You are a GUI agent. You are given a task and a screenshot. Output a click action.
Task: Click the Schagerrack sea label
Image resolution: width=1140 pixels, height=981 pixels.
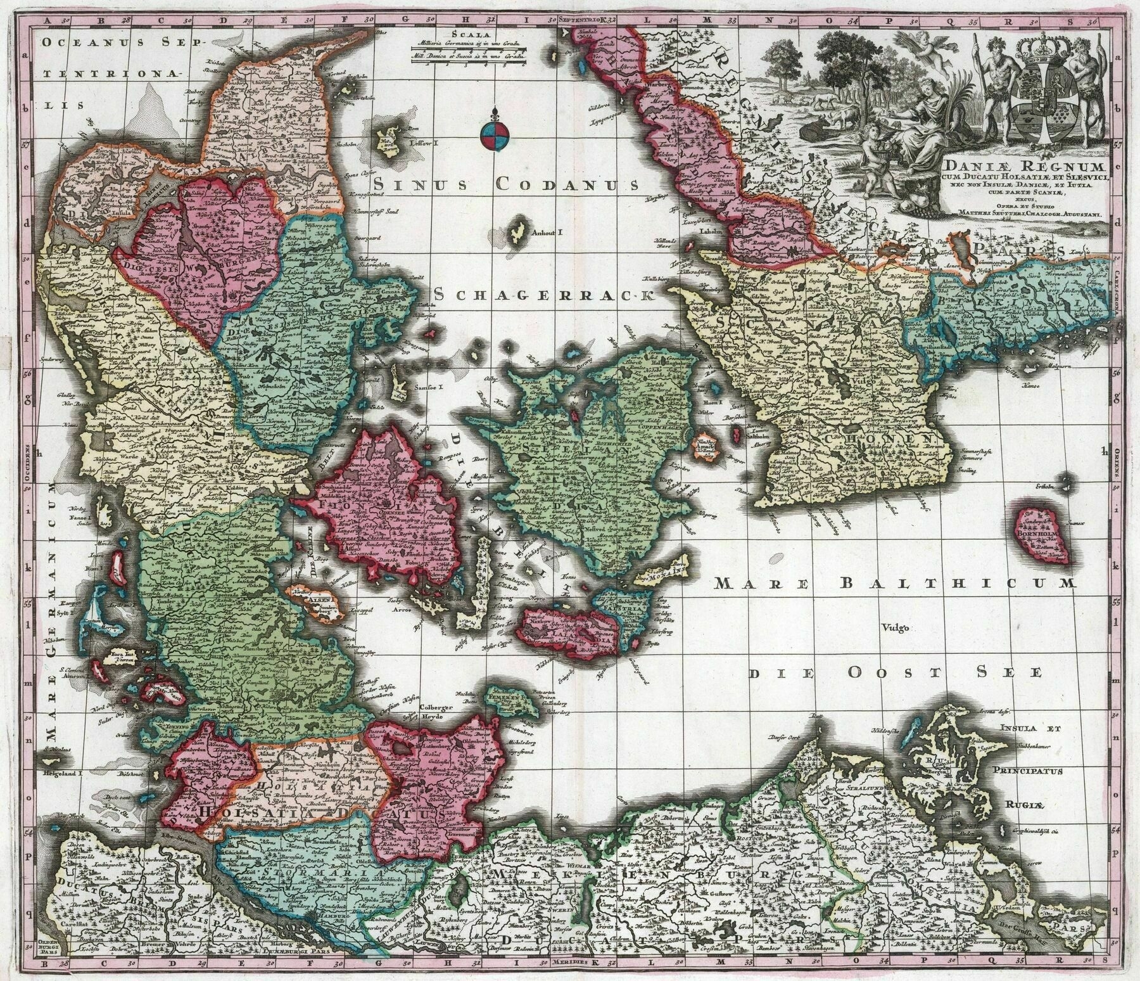[543, 294]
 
